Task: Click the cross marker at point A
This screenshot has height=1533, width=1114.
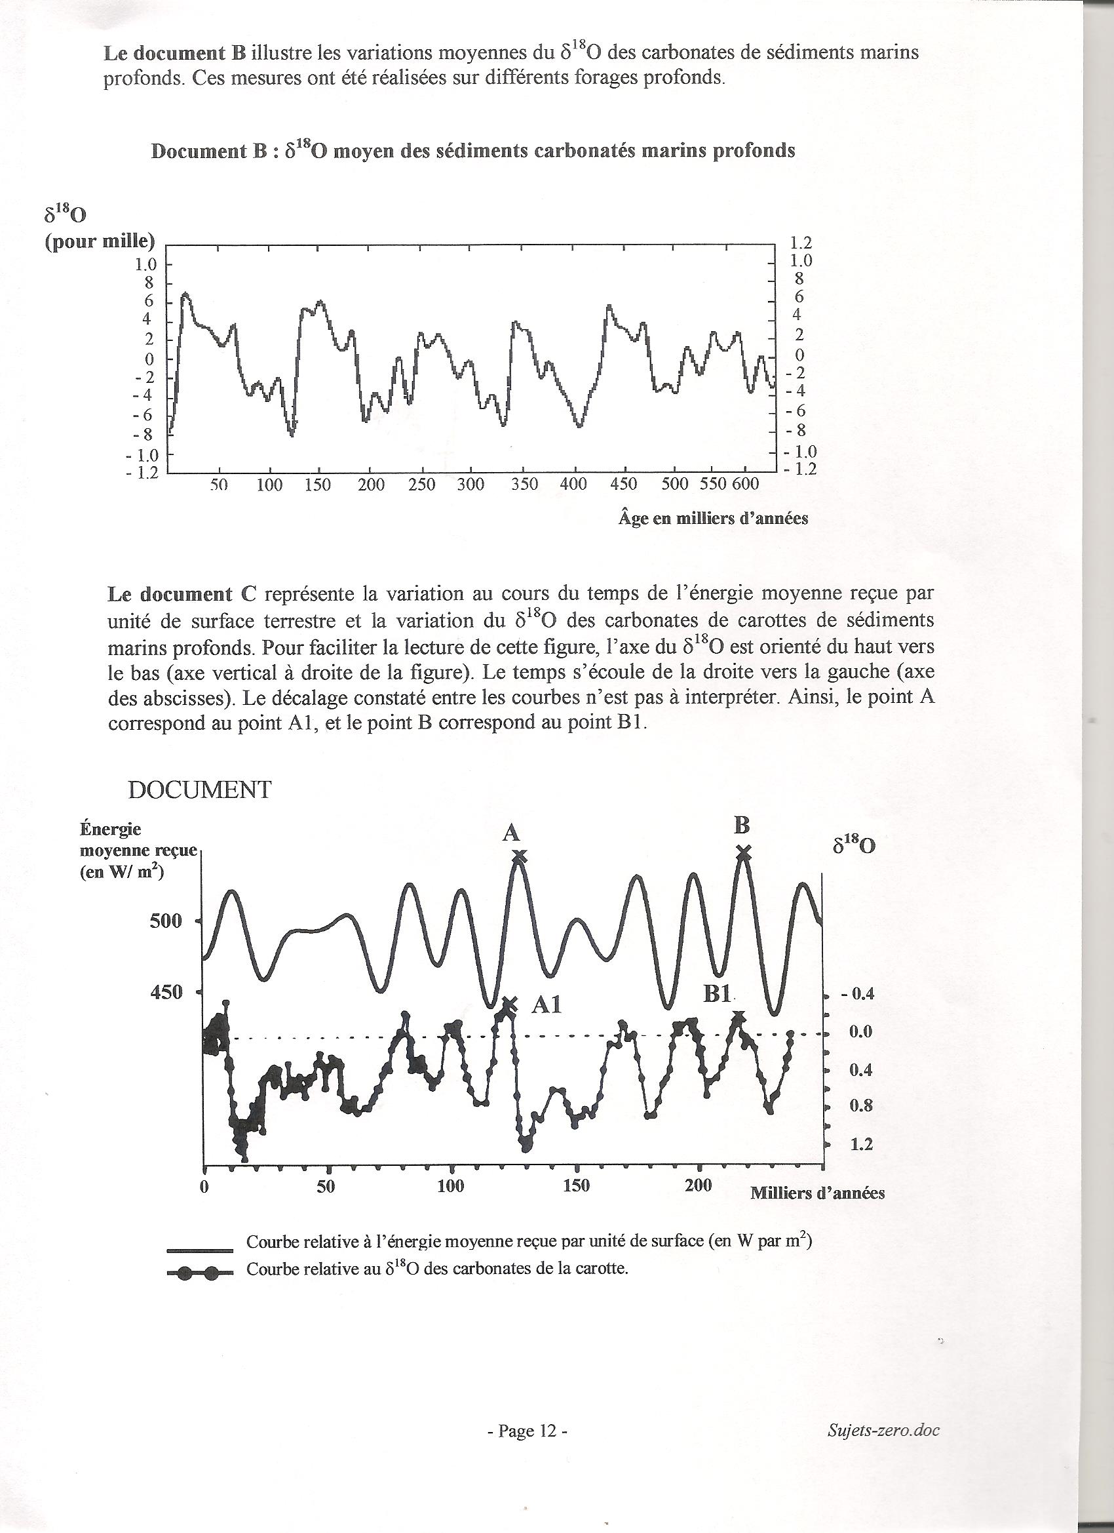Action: [519, 857]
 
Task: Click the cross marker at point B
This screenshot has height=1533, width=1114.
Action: [743, 852]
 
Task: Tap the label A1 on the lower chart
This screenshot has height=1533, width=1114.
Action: [547, 1006]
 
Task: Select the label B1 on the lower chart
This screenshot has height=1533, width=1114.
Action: [718, 993]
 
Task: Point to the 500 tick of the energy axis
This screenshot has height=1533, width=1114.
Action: [166, 921]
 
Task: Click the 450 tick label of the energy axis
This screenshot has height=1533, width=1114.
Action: [166, 991]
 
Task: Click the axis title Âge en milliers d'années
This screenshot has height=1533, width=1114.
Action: [713, 519]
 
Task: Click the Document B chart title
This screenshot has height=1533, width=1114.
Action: [473, 150]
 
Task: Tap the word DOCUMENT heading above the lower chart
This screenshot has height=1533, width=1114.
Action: [200, 789]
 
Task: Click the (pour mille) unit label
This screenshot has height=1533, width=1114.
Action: [100, 241]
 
